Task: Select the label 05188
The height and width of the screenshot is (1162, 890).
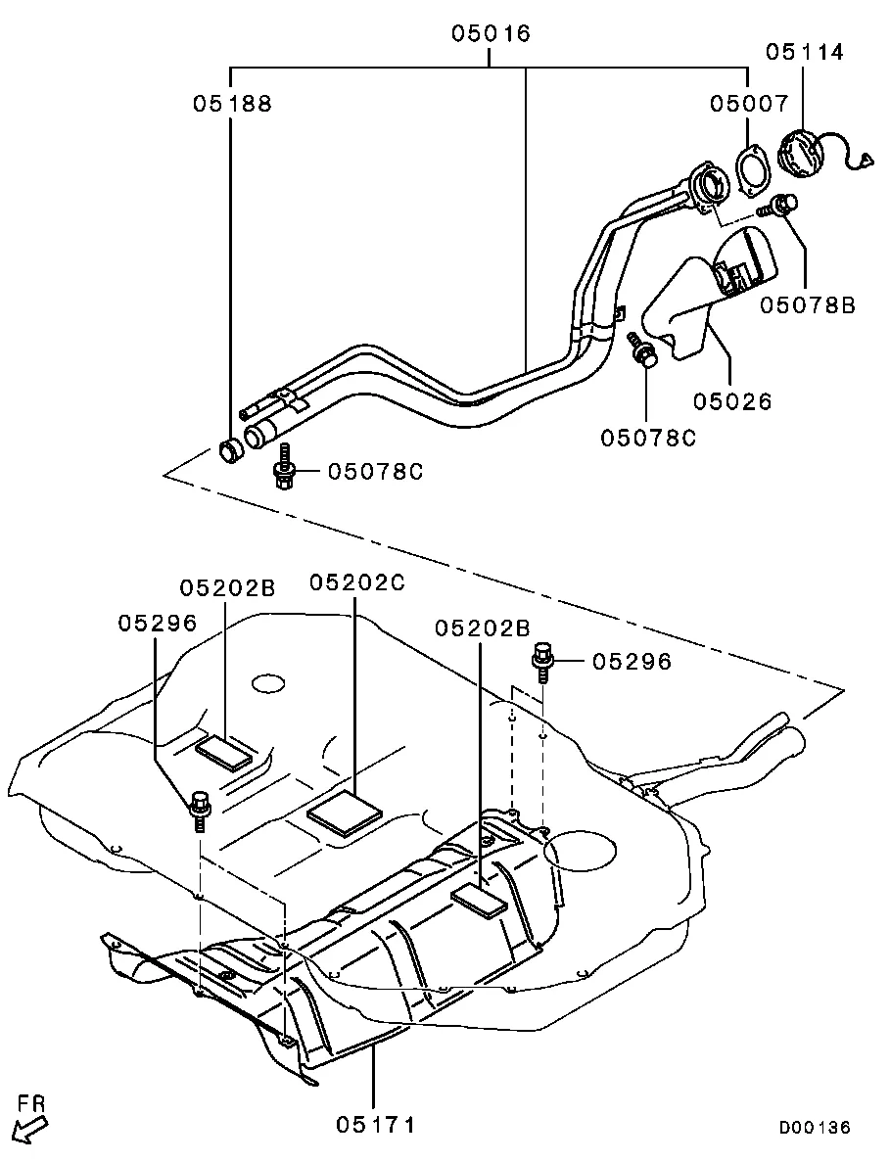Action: tap(233, 104)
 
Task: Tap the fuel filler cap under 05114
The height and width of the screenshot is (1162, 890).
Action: tap(800, 154)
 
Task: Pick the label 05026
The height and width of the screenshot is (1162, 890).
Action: tap(733, 401)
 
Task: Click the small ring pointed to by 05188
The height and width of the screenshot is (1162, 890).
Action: tap(231, 450)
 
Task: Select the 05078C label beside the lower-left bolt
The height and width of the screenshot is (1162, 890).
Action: tap(376, 471)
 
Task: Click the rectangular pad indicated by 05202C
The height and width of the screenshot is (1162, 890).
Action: tap(345, 813)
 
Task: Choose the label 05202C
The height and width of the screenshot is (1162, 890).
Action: tap(357, 582)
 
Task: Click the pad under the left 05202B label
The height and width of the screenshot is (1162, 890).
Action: tap(223, 752)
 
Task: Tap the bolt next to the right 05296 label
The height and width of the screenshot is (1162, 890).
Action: tap(541, 661)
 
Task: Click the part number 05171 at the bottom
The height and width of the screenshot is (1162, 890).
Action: tap(376, 1125)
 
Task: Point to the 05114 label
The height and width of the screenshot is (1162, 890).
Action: tap(805, 52)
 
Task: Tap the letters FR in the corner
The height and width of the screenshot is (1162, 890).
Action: tap(32, 1103)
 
